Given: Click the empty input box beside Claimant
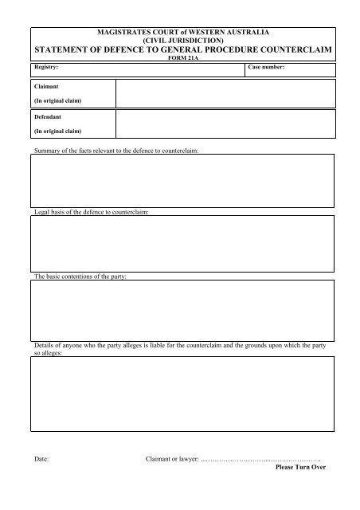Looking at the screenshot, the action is (x=224, y=92).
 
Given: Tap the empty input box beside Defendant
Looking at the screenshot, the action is (x=224, y=123).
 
